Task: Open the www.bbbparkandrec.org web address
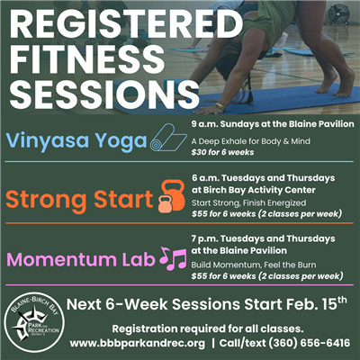pyautogui.click(x=139, y=343)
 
